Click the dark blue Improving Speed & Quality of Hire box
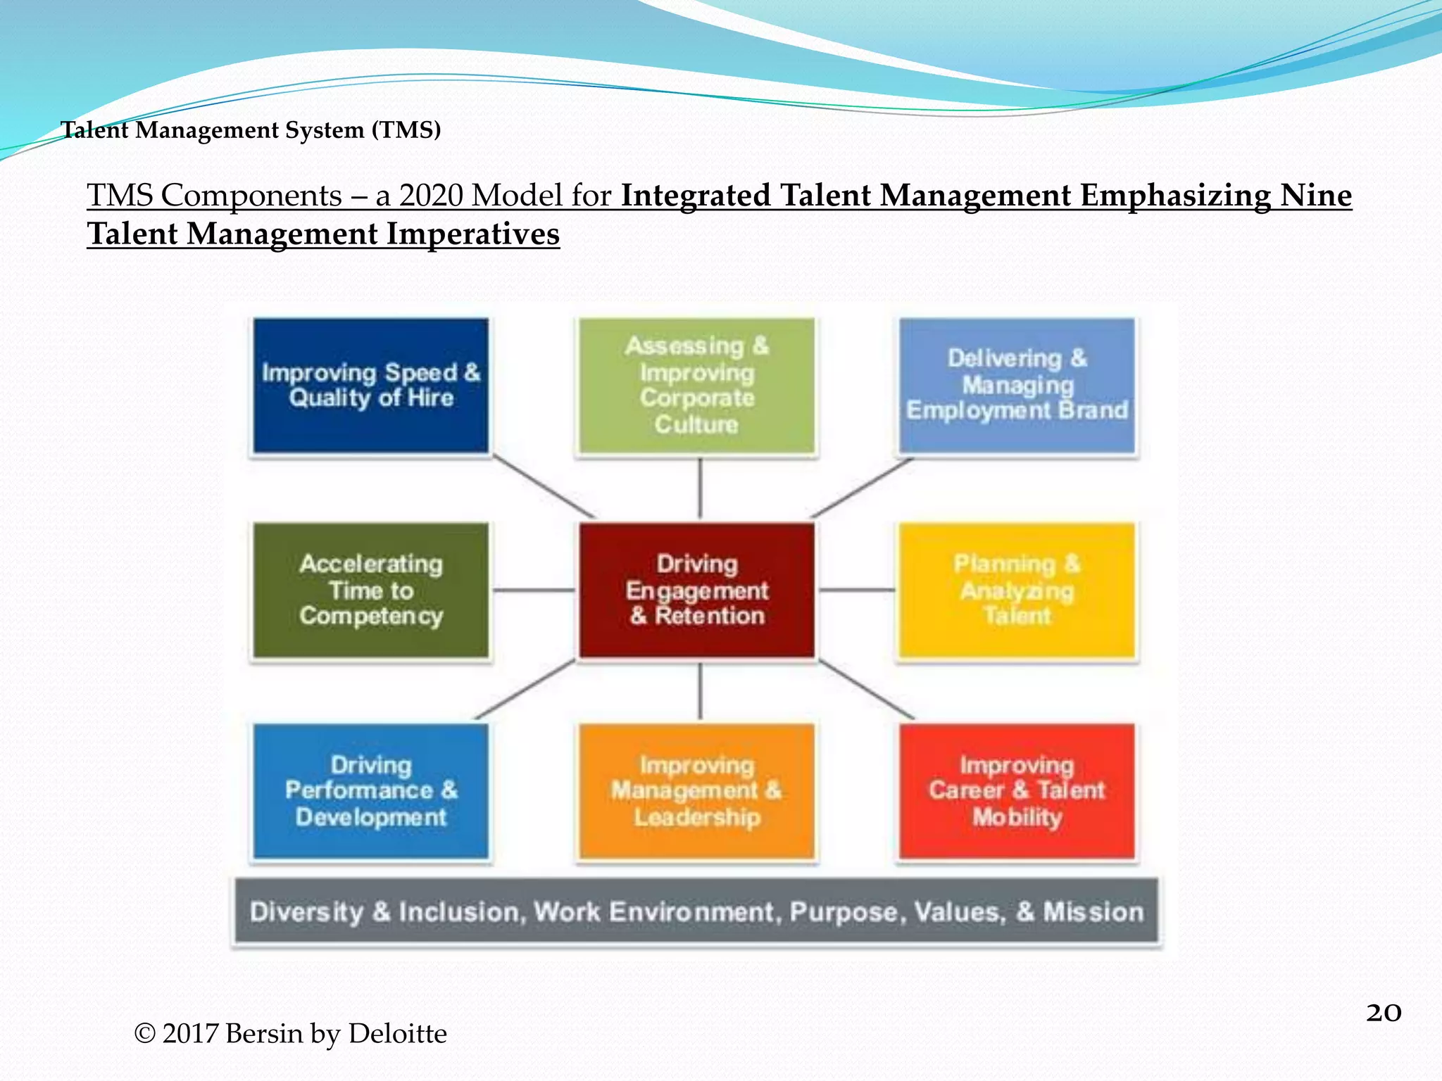(371, 385)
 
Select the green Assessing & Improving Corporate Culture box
(696, 385)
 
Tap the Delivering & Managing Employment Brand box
(1017, 385)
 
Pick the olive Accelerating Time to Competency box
(371, 590)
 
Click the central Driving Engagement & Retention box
(696, 590)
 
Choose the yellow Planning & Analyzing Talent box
(1017, 590)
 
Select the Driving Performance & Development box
(371, 791)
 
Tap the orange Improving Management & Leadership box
(696, 791)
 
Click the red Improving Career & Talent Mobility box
(1017, 791)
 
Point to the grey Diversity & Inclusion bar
(696, 911)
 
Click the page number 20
(1383, 1013)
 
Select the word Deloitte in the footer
(397, 1034)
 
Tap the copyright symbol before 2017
(144, 1034)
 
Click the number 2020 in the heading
(431, 196)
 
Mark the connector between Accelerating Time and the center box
(534, 590)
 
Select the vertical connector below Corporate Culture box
(699, 488)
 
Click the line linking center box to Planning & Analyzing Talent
(856, 590)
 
